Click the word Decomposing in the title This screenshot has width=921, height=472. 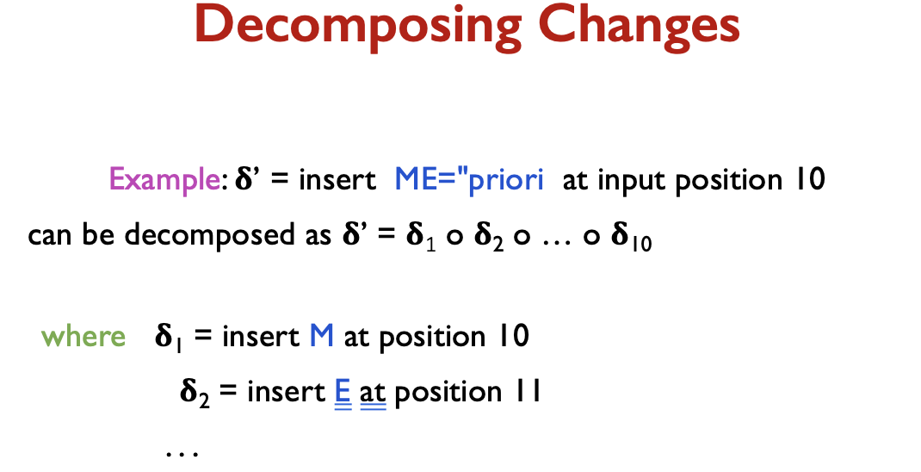point(358,26)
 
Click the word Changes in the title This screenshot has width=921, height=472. point(639,26)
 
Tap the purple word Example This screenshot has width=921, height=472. point(164,179)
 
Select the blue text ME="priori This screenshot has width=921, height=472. point(469,179)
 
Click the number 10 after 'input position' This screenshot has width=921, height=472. point(810,178)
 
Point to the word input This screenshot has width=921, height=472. point(632,180)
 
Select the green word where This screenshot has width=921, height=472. point(83,336)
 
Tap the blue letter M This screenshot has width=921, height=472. point(321,336)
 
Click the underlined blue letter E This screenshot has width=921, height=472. point(343,392)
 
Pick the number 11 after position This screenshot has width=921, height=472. point(528,392)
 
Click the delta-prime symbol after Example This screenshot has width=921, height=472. point(245,178)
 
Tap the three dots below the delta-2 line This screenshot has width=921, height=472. point(182,453)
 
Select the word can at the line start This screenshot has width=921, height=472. point(50,236)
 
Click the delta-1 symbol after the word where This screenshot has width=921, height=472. point(169,338)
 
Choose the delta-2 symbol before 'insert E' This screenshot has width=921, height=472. point(195,393)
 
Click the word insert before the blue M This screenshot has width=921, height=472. point(261,336)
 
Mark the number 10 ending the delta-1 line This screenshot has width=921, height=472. point(514,336)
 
